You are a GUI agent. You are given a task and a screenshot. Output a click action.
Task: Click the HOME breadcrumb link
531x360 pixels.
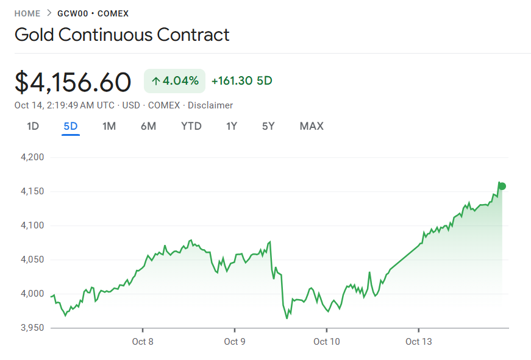point(27,13)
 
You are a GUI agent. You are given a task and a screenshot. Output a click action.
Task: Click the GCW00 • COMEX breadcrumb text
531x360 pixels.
point(93,13)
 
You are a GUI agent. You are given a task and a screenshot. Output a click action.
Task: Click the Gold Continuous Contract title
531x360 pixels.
point(122,34)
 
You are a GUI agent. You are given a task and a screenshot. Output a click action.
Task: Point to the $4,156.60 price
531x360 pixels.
point(73,82)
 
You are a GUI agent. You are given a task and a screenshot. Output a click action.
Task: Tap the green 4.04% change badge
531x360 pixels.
point(174,81)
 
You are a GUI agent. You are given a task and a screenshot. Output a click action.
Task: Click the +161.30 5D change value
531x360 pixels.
point(241,81)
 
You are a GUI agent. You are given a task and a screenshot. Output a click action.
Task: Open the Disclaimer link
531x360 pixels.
point(210,105)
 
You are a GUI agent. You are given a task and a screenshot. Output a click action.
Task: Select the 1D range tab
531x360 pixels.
point(33,126)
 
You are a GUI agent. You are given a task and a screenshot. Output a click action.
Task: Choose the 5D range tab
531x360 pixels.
point(71,126)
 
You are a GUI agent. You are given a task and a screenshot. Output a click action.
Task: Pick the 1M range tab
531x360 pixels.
point(109,126)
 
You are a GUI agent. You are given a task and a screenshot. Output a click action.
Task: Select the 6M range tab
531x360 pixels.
point(148,126)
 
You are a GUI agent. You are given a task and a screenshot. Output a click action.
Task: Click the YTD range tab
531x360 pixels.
point(191,126)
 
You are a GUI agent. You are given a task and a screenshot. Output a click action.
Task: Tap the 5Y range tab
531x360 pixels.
point(268,126)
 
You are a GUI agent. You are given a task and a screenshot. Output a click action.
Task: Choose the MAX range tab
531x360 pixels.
point(312,126)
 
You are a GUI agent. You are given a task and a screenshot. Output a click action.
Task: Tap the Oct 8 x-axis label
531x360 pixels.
point(143,341)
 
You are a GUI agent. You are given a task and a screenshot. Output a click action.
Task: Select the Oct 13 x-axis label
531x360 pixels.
point(418,341)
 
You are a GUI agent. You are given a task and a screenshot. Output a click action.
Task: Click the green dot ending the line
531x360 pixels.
point(502,186)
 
